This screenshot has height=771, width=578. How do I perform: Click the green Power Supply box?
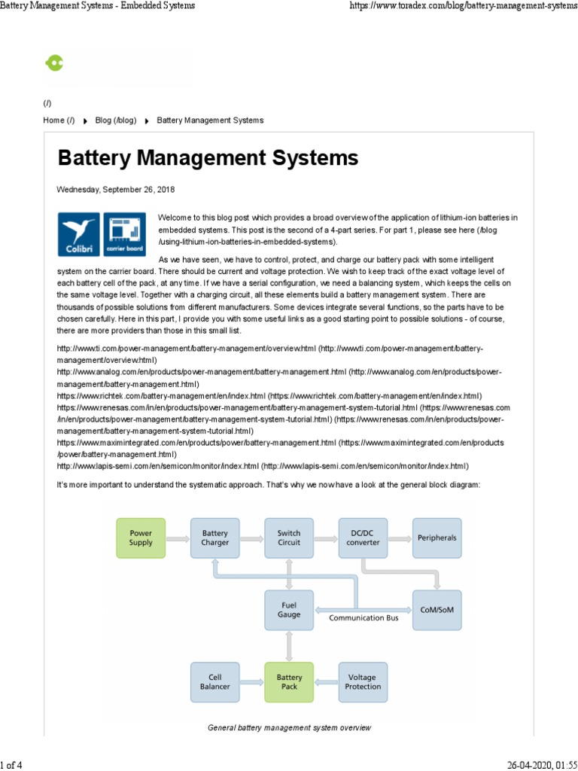click(x=141, y=538)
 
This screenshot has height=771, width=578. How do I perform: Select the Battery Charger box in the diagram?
click(x=215, y=538)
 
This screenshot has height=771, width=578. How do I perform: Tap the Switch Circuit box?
click(x=289, y=538)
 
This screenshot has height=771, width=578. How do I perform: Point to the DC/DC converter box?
click(x=363, y=538)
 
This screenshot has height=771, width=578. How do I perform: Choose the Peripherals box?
click(x=437, y=538)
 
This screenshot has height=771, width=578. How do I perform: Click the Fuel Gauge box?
click(x=289, y=610)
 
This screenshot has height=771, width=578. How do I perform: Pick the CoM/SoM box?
click(x=437, y=610)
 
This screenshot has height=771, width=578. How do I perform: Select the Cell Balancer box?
click(x=215, y=681)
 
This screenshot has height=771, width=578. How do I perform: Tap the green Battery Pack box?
click(x=289, y=681)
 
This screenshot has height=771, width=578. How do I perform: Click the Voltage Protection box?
click(x=363, y=681)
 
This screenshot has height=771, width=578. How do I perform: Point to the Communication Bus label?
click(x=364, y=618)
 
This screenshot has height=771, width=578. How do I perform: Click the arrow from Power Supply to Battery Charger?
click(x=178, y=538)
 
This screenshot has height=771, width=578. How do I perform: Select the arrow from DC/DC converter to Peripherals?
click(x=400, y=538)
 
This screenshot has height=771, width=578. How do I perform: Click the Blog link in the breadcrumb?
click(x=115, y=120)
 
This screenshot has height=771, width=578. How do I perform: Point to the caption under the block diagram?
click(x=289, y=728)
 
